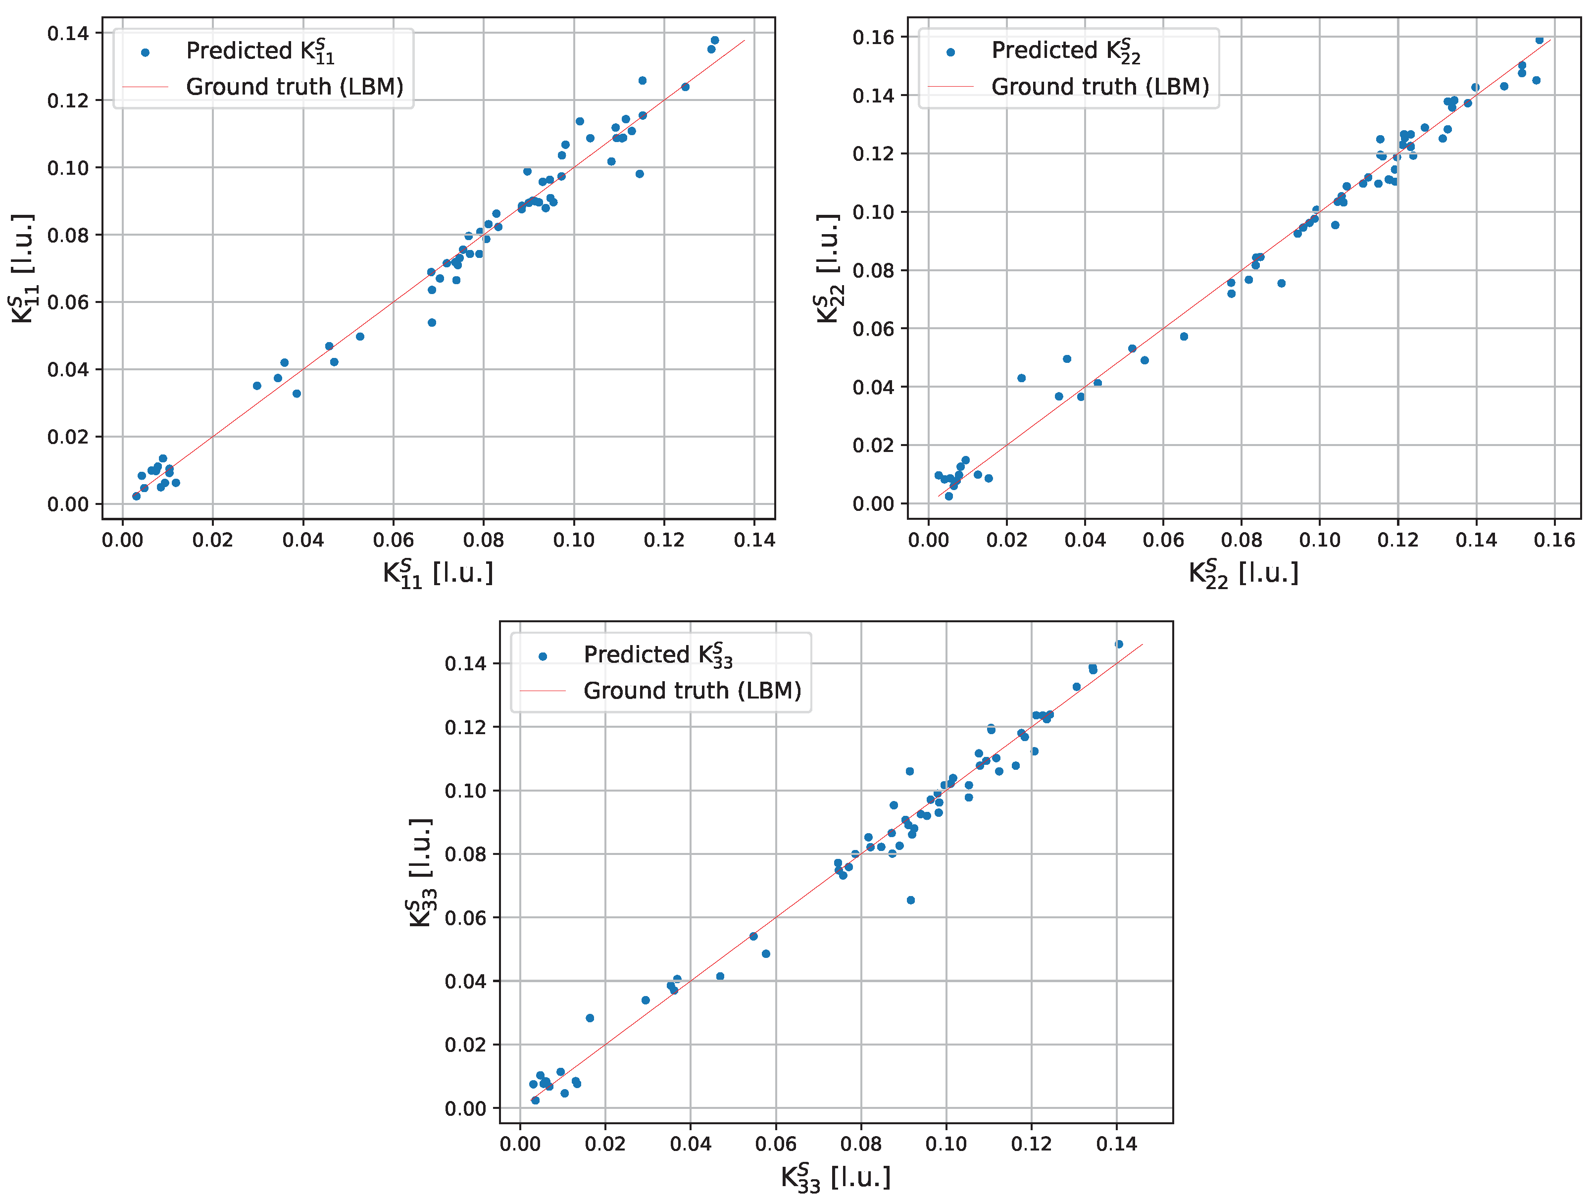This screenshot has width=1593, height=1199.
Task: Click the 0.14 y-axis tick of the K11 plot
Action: click(68, 33)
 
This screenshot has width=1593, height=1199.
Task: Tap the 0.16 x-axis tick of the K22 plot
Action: click(1553, 540)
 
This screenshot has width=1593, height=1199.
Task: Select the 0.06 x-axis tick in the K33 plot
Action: click(776, 1144)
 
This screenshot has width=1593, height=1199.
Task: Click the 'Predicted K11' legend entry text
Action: click(260, 51)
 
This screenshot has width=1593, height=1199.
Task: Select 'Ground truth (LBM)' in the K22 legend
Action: click(1099, 87)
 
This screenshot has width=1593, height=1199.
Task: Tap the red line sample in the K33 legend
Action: click(543, 691)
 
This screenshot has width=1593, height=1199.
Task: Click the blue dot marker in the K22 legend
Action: click(950, 52)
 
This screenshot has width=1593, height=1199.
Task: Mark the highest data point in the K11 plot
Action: click(714, 40)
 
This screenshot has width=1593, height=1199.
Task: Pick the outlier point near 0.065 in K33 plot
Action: click(910, 900)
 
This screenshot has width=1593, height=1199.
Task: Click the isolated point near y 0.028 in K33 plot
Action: click(590, 1018)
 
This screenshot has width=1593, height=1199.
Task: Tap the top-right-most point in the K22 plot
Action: click(1539, 40)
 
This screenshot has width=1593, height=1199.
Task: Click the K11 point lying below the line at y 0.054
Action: click(432, 323)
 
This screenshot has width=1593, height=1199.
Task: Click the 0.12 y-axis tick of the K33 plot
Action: click(465, 727)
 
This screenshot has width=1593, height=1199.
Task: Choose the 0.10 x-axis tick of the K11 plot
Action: click(574, 540)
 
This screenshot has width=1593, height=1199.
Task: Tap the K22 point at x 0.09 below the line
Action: click(1281, 283)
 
